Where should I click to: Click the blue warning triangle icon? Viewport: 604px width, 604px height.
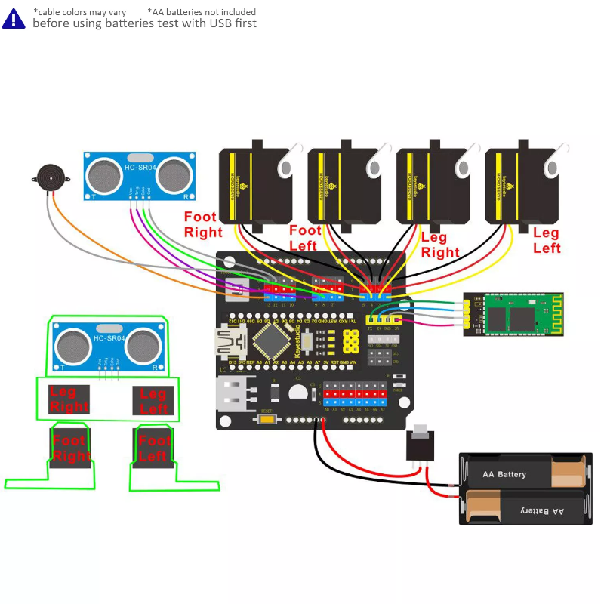tap(13, 18)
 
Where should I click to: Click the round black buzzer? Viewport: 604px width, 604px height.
tap(51, 179)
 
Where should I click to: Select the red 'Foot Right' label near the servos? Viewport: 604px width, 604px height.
tap(202, 225)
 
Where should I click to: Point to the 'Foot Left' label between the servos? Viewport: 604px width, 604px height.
tap(305, 238)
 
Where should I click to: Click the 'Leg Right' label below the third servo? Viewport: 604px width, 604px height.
tap(440, 246)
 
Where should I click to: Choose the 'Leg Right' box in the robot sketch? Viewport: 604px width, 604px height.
tap(69, 399)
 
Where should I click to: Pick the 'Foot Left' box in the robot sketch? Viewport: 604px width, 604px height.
tap(154, 448)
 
